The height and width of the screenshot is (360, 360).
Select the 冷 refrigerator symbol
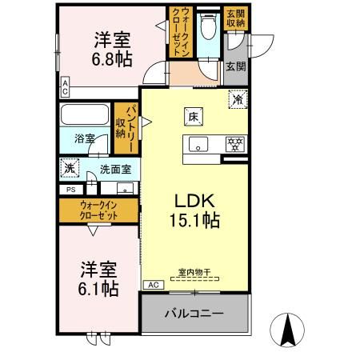pos(238,101)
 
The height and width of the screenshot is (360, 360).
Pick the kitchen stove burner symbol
pos(234,143)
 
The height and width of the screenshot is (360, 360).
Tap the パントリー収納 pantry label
pos(125,122)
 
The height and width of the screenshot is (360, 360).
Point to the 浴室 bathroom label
pos(84,138)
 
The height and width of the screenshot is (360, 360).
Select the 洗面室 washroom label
pos(114,169)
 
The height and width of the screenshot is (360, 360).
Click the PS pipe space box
pos(70,190)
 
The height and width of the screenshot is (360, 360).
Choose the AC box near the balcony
pos(152,285)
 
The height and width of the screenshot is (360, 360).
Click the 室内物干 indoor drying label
pos(194,272)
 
